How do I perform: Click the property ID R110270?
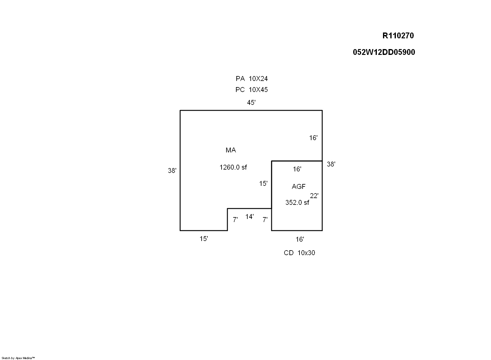pos(398,36)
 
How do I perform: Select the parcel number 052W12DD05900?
pos(384,52)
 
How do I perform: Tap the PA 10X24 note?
pos(252,79)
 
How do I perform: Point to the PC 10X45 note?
pos(252,90)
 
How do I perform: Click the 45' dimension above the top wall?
pos(251,102)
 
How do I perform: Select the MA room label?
pos(231,150)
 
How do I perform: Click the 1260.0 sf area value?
pos(233,167)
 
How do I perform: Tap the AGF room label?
pos(299,186)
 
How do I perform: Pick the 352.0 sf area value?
pos(297,203)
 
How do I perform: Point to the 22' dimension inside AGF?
pos(314,196)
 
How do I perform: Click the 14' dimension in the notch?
pos(249,216)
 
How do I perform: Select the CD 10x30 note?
pos(300,253)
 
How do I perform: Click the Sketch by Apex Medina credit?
pos(18,358)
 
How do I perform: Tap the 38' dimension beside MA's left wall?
pos(172,170)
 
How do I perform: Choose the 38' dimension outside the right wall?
pos(331,164)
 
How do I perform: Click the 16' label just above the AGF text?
pos(297,169)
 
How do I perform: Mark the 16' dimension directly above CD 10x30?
pos(300,239)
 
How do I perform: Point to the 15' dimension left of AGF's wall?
pos(263,183)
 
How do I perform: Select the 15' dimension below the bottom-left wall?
pos(204,239)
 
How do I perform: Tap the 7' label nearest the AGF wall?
pos(265,220)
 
